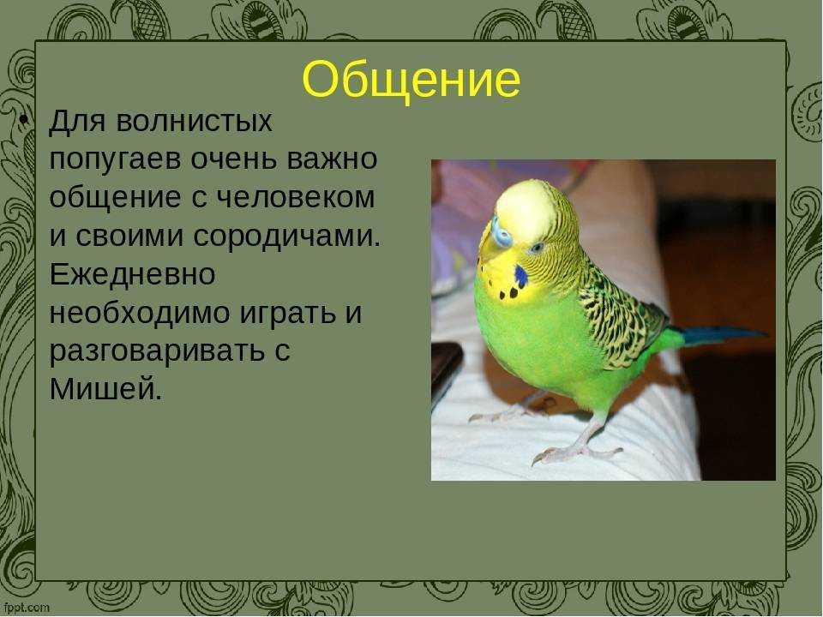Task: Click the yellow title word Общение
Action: tap(411, 80)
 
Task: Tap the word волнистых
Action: tap(194, 121)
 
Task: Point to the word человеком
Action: tap(296, 198)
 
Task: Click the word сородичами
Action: tap(286, 237)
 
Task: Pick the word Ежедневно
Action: tap(132, 275)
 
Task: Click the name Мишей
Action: tap(105, 389)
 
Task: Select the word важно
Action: tap(332, 159)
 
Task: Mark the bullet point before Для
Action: tap(23, 120)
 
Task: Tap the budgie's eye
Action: tap(536, 247)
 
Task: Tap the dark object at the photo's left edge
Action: tap(446, 371)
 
